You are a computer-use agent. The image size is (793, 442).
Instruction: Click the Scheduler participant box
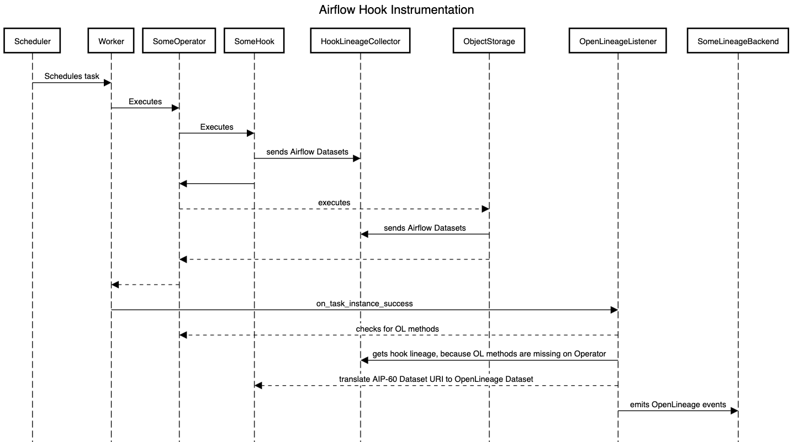point(32,41)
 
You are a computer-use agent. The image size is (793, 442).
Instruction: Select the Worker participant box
point(111,41)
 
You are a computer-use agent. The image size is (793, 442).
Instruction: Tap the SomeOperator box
point(179,41)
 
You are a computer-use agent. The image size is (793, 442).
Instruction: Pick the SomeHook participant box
point(254,41)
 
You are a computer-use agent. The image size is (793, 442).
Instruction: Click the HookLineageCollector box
point(361,41)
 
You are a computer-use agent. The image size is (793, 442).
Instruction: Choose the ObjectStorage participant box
point(489,41)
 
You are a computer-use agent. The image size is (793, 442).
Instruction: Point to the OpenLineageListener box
point(618,41)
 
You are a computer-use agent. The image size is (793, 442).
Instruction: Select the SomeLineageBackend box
point(738,41)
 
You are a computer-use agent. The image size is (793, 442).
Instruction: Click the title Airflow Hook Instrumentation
point(396,9)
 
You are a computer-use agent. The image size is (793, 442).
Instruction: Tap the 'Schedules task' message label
point(72,76)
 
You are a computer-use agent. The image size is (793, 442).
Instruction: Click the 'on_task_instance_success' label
point(364,303)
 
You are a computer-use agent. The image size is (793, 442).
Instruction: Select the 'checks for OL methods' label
point(397,329)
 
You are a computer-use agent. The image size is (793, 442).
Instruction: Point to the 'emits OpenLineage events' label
point(678,404)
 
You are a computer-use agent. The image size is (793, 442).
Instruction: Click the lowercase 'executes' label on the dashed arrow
point(334,203)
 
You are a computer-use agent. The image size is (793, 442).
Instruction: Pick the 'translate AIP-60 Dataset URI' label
point(436,379)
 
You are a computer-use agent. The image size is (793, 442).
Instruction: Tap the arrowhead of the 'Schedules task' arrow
point(108,83)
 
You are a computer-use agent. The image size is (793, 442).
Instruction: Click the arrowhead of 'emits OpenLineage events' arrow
point(734,411)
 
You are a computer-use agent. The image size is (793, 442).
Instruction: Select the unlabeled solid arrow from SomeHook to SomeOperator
point(216,184)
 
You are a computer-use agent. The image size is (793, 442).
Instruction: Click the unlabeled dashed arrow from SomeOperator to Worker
point(145,285)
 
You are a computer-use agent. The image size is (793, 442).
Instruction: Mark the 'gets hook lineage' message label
point(489,354)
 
